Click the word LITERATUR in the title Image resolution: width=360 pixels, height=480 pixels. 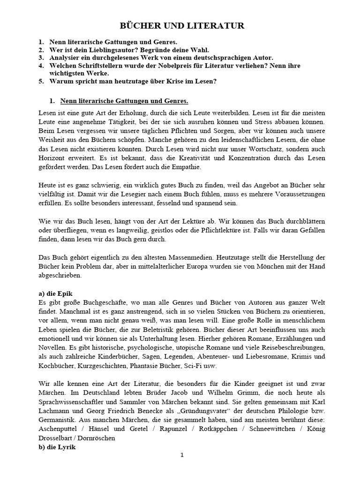[216, 26]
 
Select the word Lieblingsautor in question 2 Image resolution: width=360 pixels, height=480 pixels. [106, 50]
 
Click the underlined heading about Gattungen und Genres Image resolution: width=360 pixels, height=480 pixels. [124, 101]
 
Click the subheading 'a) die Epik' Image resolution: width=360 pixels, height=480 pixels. [55, 293]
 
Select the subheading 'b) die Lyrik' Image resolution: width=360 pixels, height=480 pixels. [56, 446]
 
